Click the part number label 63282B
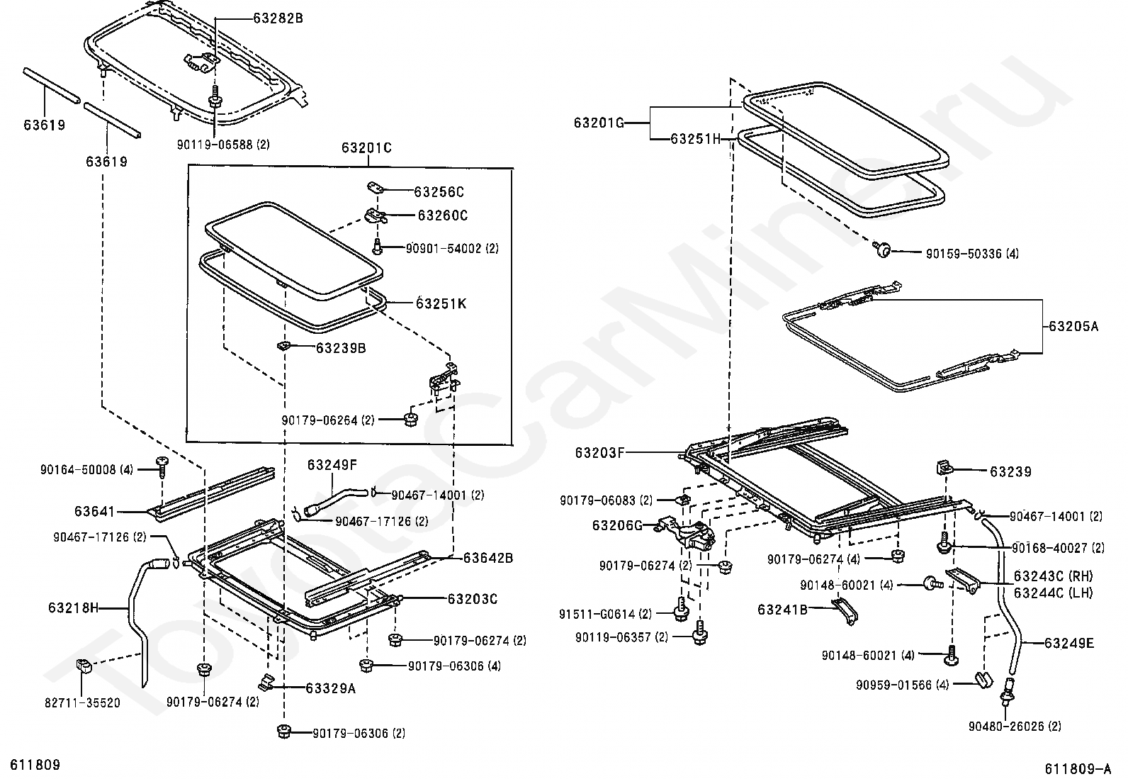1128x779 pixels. click(x=278, y=18)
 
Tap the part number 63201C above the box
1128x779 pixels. click(x=366, y=147)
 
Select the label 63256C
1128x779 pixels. click(x=439, y=192)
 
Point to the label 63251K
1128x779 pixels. click(x=441, y=304)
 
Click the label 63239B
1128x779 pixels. click(x=341, y=348)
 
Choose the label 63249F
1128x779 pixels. click(x=332, y=464)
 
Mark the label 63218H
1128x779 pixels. click(x=74, y=607)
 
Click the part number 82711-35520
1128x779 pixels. click(x=83, y=703)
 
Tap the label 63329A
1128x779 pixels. click(x=331, y=688)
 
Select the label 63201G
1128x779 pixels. click(x=599, y=123)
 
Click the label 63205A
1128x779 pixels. click(x=1073, y=327)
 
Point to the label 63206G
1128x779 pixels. click(x=617, y=526)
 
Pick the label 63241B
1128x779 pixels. click(x=782, y=610)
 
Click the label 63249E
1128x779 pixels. click(x=1069, y=644)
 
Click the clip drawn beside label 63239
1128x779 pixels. click(x=945, y=468)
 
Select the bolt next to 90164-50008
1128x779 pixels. click(x=162, y=468)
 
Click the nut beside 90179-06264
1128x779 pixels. click(x=411, y=419)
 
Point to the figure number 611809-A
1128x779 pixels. click(x=1078, y=768)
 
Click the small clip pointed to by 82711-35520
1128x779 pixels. click(x=84, y=666)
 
